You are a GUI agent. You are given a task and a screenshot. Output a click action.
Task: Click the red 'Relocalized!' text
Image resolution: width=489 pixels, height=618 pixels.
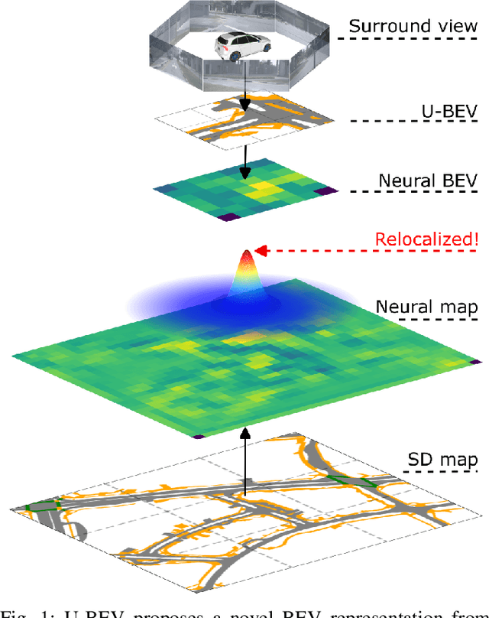pyautogui.click(x=426, y=239)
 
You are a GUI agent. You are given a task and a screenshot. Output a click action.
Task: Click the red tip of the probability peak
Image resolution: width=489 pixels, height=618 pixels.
pyautogui.click(x=246, y=256)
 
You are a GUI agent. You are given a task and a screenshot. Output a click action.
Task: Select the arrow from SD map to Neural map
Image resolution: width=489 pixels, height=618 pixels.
pyautogui.click(x=244, y=459)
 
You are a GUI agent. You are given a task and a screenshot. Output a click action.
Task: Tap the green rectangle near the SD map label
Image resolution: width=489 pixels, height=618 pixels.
pyautogui.click(x=353, y=481)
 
